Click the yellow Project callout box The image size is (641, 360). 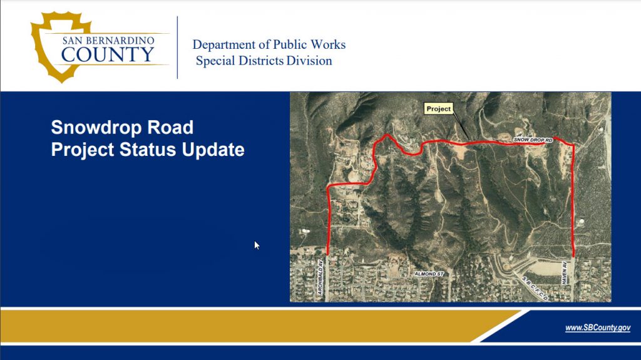click(438, 108)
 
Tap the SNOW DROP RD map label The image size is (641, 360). click(533, 140)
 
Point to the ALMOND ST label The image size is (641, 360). click(429, 274)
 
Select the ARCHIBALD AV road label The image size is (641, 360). click(320, 277)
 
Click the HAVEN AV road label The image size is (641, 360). click(564, 273)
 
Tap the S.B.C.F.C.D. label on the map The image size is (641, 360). click(535, 289)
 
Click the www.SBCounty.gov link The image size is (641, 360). click(598, 327)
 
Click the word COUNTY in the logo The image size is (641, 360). click(108, 54)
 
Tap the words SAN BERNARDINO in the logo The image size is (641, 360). click(108, 40)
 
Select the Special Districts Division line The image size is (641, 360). click(264, 61)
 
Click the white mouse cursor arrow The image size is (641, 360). click(257, 245)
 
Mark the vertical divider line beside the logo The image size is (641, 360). click(177, 48)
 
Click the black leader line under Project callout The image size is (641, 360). click(461, 127)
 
